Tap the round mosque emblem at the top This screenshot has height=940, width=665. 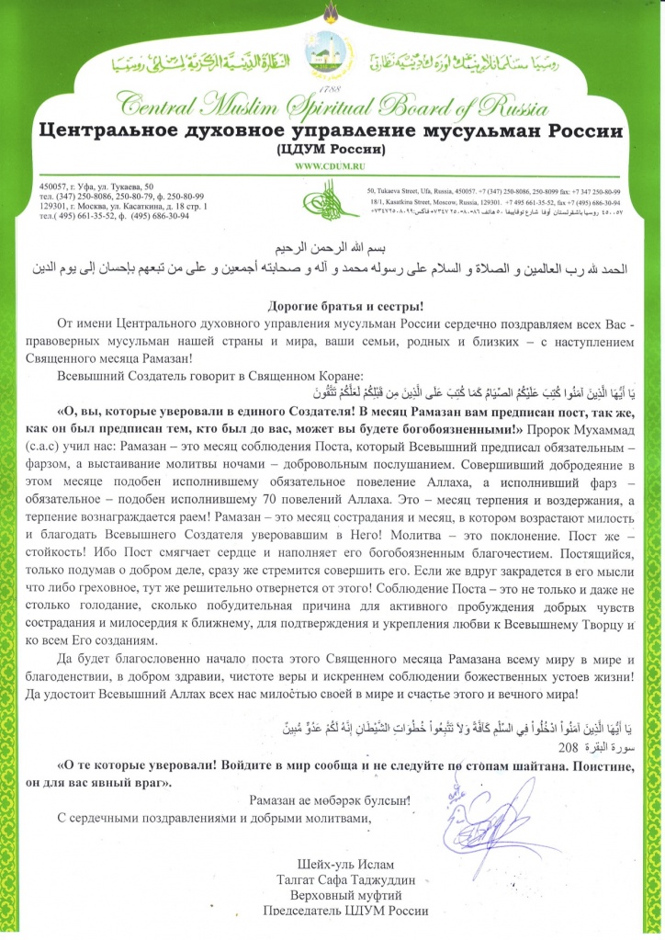[332, 61]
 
